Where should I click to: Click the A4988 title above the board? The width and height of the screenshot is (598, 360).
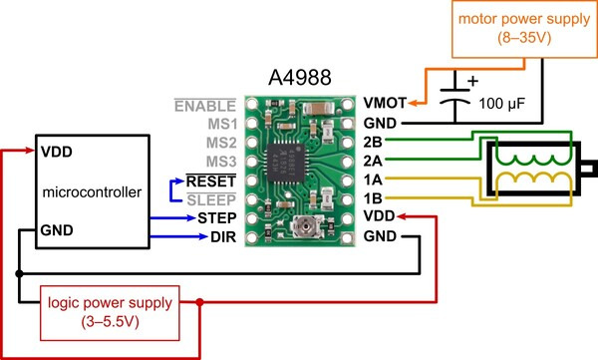click(300, 78)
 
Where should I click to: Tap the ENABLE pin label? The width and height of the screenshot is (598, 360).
click(205, 106)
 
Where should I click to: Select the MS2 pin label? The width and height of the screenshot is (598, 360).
click(221, 143)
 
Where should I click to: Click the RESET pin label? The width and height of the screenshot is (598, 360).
click(211, 181)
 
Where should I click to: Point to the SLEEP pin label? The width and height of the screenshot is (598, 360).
click(211, 199)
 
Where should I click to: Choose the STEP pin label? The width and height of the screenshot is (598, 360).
click(217, 218)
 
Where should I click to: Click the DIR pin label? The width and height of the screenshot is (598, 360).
click(223, 237)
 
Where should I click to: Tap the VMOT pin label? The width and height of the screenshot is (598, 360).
click(385, 103)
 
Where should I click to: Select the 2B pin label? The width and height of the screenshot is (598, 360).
click(373, 142)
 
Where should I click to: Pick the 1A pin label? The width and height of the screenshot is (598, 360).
click(373, 180)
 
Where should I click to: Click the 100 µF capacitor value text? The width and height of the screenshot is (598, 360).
click(502, 104)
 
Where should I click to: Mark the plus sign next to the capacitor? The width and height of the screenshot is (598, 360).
click(472, 81)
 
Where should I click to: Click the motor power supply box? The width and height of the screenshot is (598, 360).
click(524, 29)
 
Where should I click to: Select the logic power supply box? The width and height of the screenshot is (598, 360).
click(110, 313)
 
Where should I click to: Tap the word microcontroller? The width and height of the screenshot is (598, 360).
click(92, 192)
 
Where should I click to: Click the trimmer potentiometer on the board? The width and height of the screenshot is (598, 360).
click(306, 225)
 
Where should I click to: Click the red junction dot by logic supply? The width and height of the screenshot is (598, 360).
click(199, 302)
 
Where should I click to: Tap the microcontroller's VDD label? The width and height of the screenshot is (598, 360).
click(57, 152)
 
